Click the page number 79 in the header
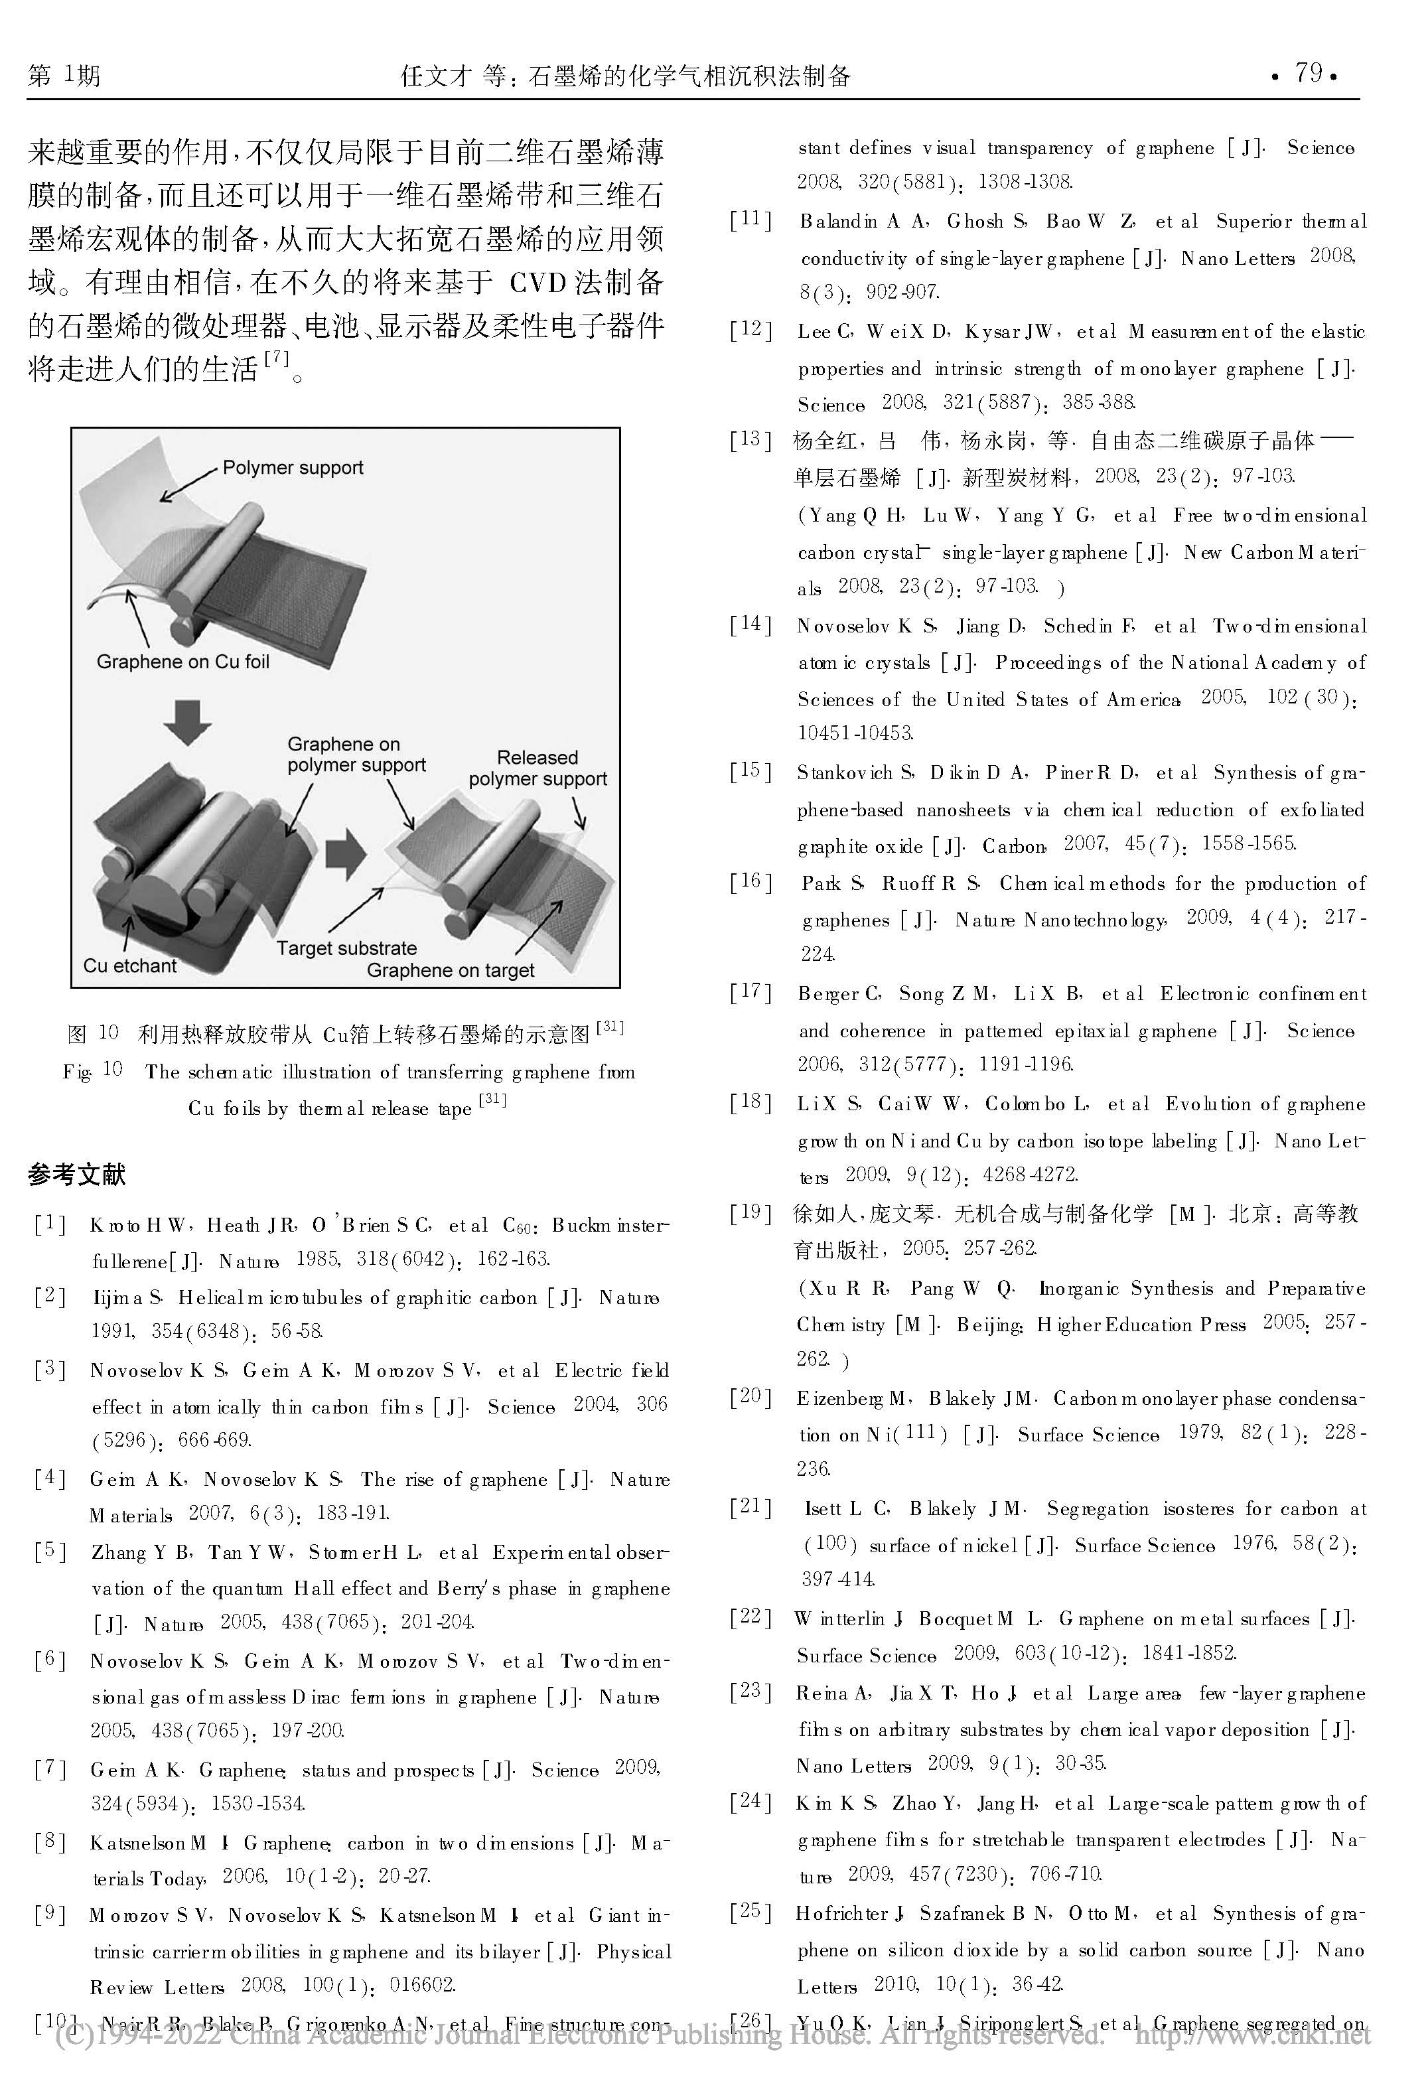[1308, 73]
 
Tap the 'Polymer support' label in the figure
[293, 468]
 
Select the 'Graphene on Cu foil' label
[182, 662]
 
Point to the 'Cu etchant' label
[130, 966]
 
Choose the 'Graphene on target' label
[450, 971]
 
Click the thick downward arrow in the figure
[187, 721]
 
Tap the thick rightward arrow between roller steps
[345, 853]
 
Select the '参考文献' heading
[77, 1174]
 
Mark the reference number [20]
[750, 1397]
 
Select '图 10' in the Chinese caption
[93, 1033]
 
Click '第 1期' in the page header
[64, 75]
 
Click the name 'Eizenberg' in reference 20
[840, 1399]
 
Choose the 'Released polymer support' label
[537, 768]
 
